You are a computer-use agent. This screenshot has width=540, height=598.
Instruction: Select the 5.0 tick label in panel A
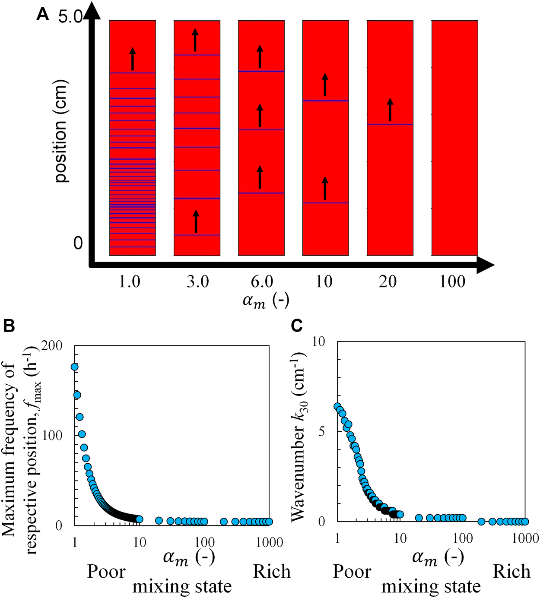(70, 17)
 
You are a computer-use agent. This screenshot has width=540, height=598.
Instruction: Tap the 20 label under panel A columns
(388, 282)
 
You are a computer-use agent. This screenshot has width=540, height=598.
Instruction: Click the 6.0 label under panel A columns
(262, 282)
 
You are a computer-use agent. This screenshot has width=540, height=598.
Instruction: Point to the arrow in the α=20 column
(390, 110)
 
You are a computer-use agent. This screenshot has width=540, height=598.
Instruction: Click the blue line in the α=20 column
(390, 125)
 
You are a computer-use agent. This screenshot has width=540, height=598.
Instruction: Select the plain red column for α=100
(454, 138)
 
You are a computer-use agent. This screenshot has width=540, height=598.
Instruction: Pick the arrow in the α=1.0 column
(133, 59)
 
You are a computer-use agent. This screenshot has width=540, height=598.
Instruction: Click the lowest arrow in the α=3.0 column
(196, 221)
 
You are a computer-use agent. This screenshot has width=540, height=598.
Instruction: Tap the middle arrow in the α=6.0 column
(260, 115)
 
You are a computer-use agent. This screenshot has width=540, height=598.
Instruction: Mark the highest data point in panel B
(74, 367)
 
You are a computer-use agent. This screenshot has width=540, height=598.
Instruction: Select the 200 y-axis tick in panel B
(53, 345)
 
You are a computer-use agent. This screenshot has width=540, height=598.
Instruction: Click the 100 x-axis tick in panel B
(204, 542)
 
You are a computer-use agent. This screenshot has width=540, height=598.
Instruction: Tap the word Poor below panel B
(106, 572)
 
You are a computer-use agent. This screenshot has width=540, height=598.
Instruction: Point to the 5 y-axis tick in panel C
(322, 432)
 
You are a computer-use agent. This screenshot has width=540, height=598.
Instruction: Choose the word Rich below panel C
(511, 572)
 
